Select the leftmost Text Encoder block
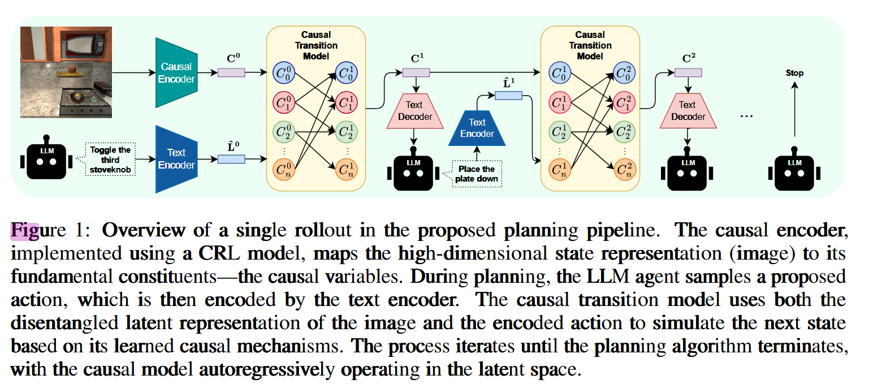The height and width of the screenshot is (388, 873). coord(175,159)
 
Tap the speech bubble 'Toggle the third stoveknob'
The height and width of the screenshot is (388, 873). coord(110,159)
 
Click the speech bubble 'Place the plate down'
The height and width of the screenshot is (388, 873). coord(477,174)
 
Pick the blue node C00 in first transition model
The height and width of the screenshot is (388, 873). coord(284,72)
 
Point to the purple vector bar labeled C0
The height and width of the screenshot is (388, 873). coord(231,72)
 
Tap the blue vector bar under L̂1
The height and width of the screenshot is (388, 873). coord(508,96)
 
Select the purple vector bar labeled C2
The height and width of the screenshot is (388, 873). coord(688,72)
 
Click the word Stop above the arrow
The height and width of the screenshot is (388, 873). coord(794,73)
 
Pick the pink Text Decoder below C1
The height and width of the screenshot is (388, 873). coord(414,111)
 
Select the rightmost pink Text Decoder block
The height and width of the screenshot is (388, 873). coord(688,111)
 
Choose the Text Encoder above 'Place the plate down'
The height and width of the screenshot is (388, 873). coord(477,128)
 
